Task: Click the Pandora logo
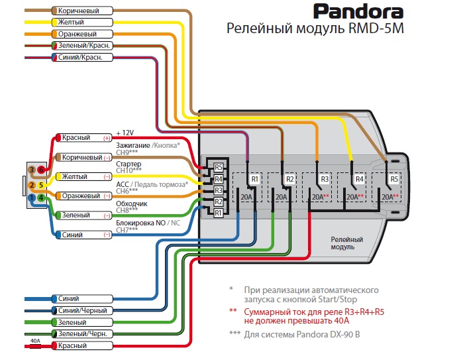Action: pyautogui.click(x=358, y=12)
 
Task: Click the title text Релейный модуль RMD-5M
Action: pyautogui.click(x=315, y=29)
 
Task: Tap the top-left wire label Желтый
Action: pyautogui.click(x=72, y=23)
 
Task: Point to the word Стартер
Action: pyautogui.click(x=129, y=163)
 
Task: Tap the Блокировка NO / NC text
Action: pyautogui.click(x=147, y=223)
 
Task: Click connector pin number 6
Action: pyautogui.click(x=40, y=171)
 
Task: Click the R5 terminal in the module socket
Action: pyautogui.click(x=219, y=167)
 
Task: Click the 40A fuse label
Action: pyautogui.click(x=36, y=341)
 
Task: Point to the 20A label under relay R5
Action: pyautogui.click(x=388, y=197)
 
